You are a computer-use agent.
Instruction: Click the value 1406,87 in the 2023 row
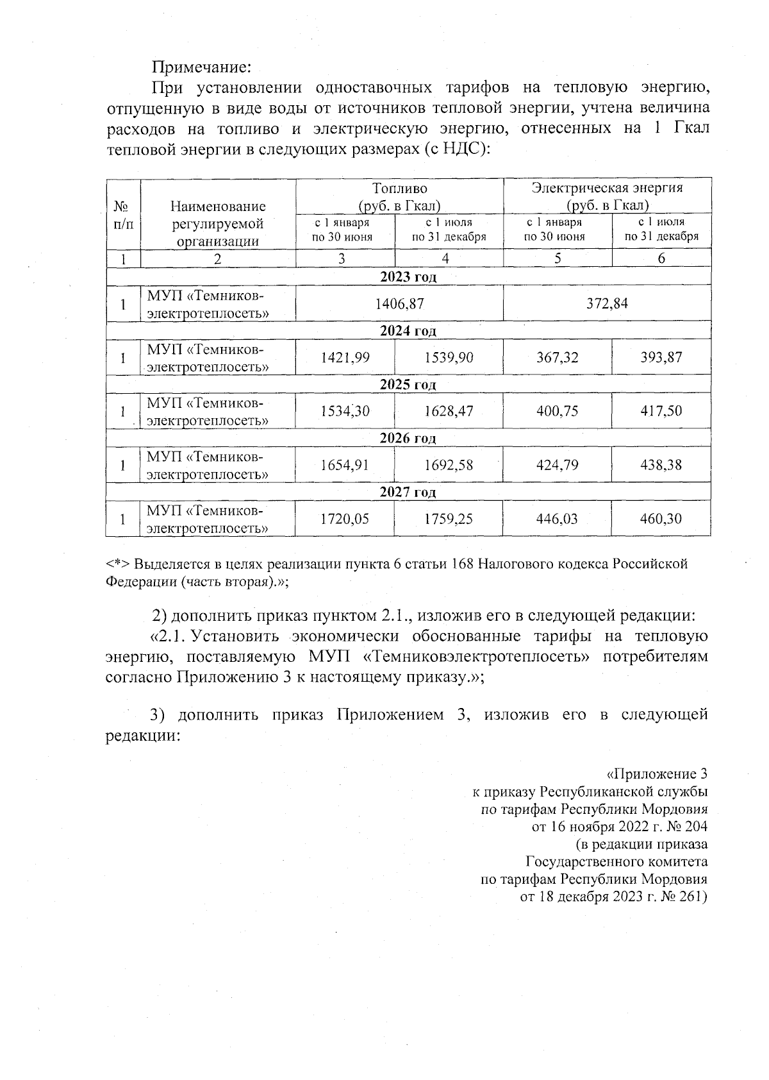coord(399,303)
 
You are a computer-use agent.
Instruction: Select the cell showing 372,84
coord(607,303)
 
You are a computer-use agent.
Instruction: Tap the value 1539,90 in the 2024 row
coord(449,357)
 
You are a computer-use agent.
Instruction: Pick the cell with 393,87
coord(661,357)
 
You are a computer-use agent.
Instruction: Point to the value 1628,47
coord(449,411)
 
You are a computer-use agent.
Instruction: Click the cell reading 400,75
coord(558,411)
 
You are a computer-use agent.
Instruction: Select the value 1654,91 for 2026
coord(345,465)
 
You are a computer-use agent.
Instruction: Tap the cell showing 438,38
coord(661,465)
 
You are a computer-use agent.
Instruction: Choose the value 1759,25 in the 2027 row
coord(449,519)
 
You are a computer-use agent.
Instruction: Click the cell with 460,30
coord(661,519)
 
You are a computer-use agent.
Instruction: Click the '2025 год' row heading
coord(408,385)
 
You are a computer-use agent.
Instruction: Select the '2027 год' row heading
coord(408,493)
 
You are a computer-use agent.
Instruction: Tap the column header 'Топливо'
coord(399,189)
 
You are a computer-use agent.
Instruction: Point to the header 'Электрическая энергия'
coord(607,188)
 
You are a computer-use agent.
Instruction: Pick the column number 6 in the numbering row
coord(661,258)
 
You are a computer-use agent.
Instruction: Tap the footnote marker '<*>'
coord(118,564)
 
